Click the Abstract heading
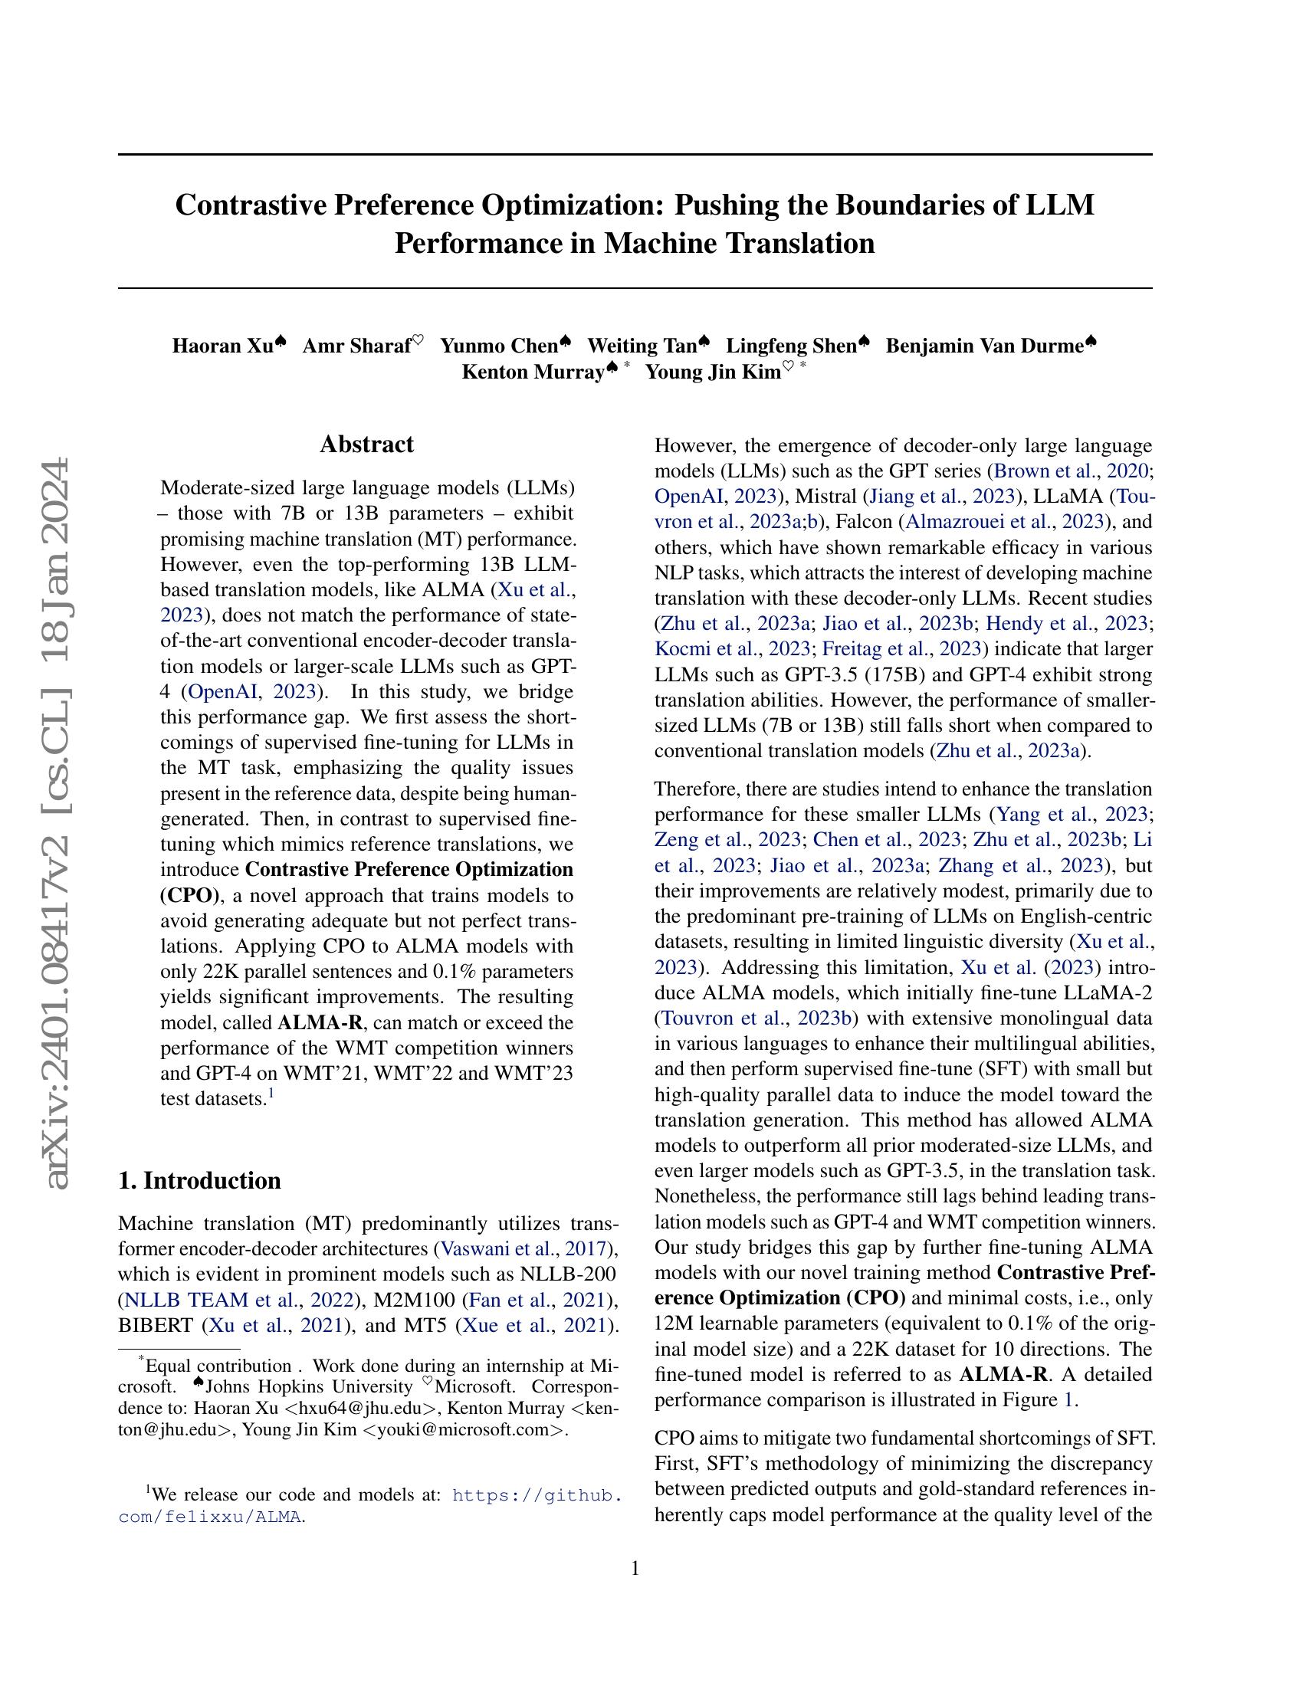(x=366, y=444)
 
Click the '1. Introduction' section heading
(x=199, y=1180)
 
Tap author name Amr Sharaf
(x=356, y=345)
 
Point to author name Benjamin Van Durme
(x=984, y=345)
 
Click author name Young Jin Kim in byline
(x=714, y=372)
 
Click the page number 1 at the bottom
(x=635, y=1568)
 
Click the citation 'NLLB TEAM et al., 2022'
(x=236, y=1300)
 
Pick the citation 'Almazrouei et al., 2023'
(x=1004, y=521)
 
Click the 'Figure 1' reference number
(x=1068, y=1399)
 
